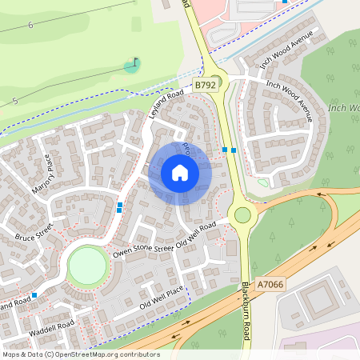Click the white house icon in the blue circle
(180, 173)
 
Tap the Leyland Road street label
(166, 105)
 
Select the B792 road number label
(206, 84)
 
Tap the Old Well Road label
(196, 235)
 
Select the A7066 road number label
(270, 284)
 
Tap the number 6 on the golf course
(30, 26)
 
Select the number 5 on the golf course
(15, 101)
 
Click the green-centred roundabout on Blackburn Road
(242, 214)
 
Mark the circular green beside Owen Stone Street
(86, 266)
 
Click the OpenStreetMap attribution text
(80, 354)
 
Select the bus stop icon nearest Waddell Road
(34, 294)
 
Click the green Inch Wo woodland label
(344, 107)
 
